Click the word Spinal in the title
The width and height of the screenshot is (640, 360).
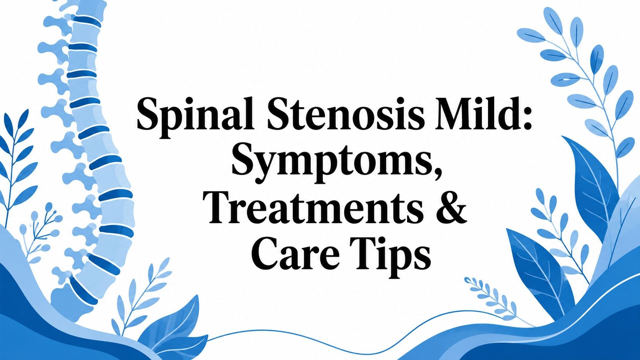195,117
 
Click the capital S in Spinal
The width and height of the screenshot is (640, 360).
149,114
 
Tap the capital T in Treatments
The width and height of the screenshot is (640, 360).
218,207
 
